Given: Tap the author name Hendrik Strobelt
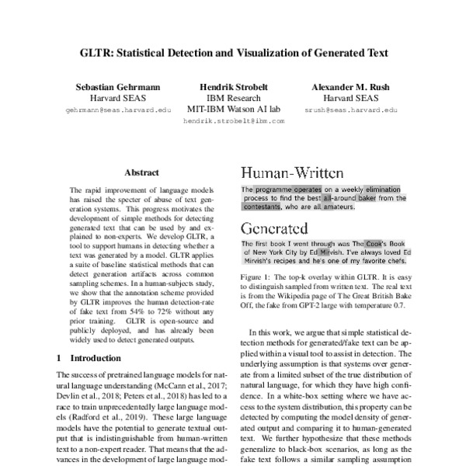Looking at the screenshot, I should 234,87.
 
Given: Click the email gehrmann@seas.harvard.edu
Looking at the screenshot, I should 114,110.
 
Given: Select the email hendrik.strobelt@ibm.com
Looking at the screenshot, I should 234,121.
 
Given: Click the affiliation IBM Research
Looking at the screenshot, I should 234,99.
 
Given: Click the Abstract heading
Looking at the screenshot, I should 141,172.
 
